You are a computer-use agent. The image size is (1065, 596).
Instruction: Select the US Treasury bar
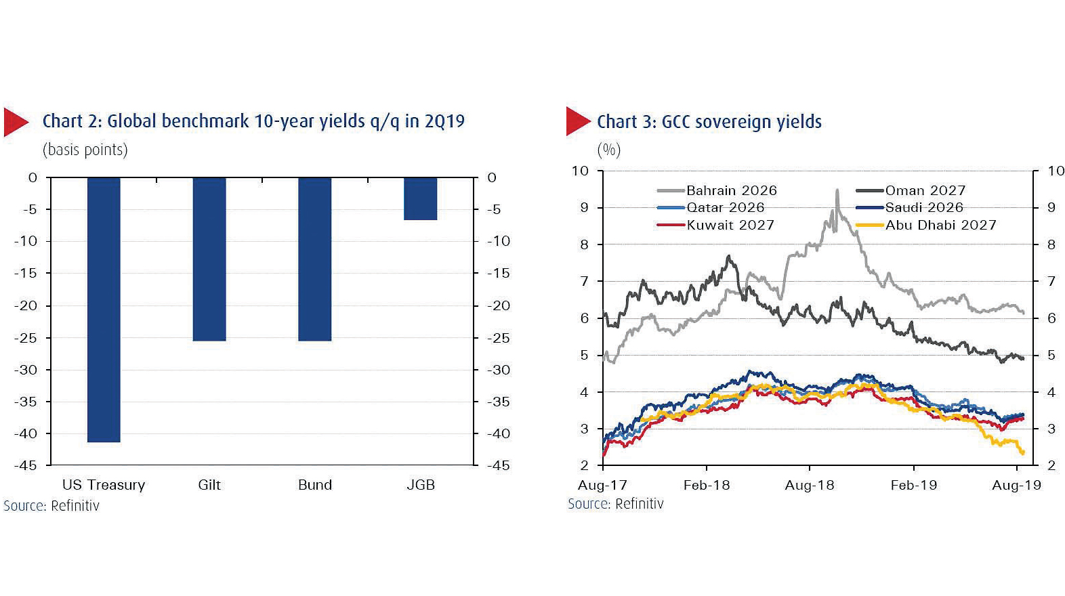coord(104,310)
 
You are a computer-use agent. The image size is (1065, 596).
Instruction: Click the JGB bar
coord(420,199)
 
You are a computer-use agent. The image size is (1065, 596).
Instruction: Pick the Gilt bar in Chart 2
coord(209,259)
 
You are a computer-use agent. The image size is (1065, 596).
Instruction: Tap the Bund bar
coord(314,259)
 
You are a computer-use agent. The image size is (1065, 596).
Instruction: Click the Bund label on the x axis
coord(314,485)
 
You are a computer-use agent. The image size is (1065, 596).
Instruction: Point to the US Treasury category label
coord(104,485)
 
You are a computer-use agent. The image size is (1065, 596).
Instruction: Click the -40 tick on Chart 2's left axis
coord(26,433)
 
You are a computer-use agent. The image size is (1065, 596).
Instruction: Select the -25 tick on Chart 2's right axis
coord(499,338)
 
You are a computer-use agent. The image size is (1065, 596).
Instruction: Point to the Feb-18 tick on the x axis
coord(707,485)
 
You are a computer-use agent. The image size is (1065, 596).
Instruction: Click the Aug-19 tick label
coord(1016,485)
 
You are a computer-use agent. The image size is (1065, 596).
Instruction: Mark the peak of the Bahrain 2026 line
coord(837,191)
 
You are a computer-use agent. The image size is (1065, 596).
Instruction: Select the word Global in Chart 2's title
coord(131,121)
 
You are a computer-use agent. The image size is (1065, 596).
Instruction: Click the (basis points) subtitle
coord(85,150)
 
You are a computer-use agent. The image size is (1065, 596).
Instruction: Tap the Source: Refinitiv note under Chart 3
coord(615,504)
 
